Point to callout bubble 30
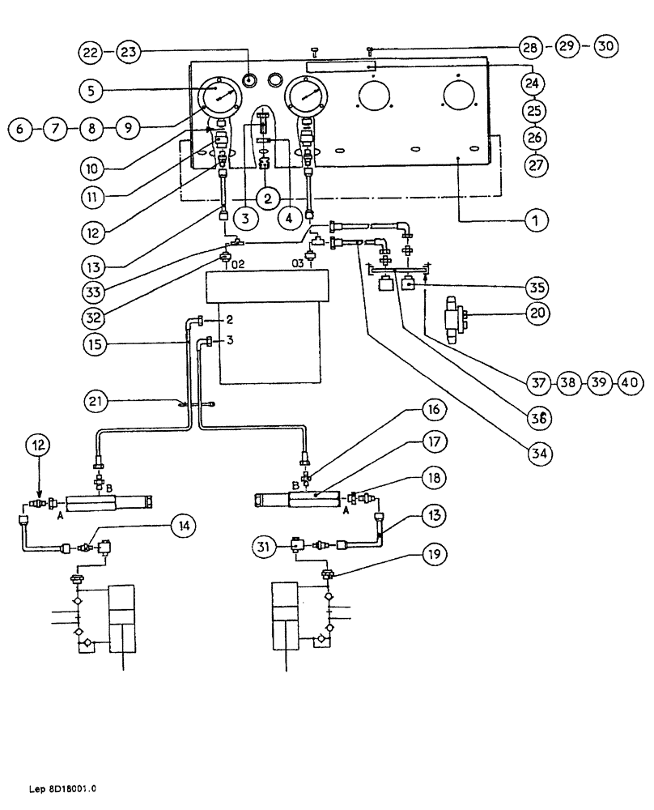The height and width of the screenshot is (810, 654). [605, 46]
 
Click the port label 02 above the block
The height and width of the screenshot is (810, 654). [238, 264]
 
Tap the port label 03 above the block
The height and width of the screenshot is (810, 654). [299, 264]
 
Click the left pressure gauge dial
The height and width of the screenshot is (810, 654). [219, 99]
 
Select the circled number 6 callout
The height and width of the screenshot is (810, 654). [23, 128]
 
